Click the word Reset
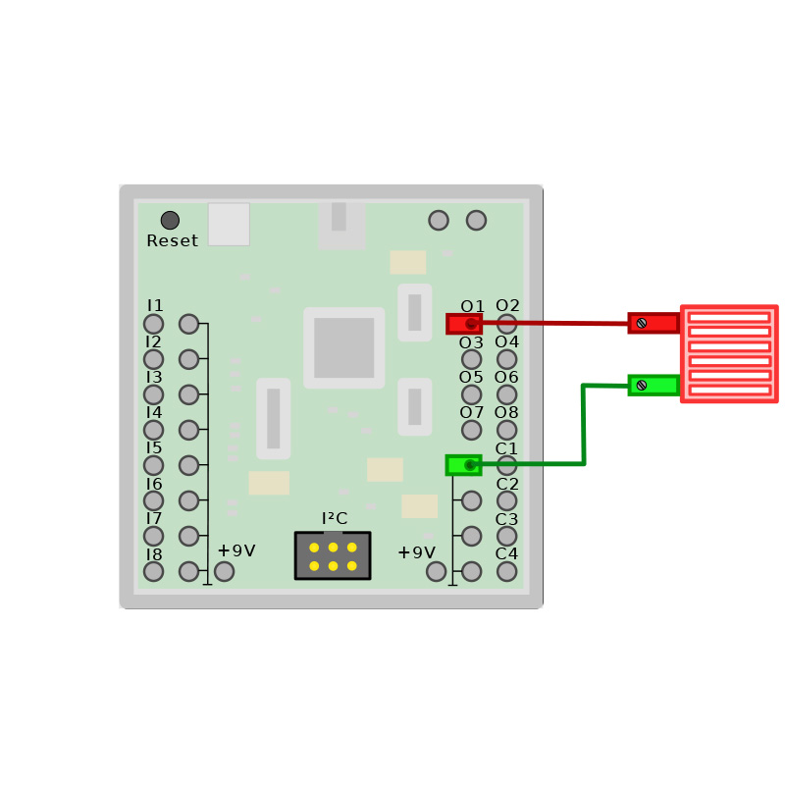pos(172,240)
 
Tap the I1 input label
pos(154,306)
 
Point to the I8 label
pos(154,554)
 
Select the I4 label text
pos(154,412)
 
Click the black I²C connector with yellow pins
pos(333,555)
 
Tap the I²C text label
pos(334,518)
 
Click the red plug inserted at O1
pos(463,323)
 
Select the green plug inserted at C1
pos(463,464)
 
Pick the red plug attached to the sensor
pos(654,323)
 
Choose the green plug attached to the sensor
pos(654,385)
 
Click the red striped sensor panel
pos(728,353)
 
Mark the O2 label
pos(507,306)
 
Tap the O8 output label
pos(507,412)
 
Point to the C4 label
pos(507,553)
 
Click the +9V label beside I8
pos(235,550)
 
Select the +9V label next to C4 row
pos(416,552)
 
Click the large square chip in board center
pos(343,347)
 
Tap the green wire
pos(584,422)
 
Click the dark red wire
pos(554,323)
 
